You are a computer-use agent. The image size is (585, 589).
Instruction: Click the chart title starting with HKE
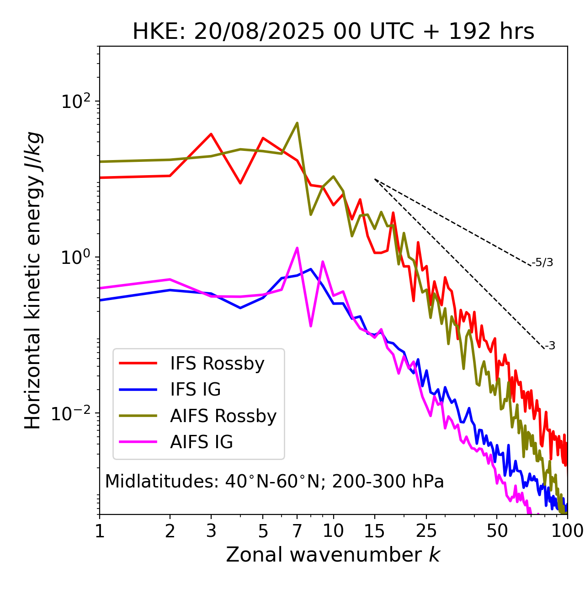pyautogui.click(x=333, y=32)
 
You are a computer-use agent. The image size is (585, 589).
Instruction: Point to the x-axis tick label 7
pyautogui.click(x=297, y=531)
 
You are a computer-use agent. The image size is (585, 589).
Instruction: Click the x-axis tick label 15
pyautogui.click(x=375, y=531)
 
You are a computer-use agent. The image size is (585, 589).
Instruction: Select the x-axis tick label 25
pyautogui.click(x=426, y=531)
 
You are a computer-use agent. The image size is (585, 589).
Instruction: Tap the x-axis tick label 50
pyautogui.click(x=497, y=531)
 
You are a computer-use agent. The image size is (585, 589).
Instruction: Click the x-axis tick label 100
pyautogui.click(x=567, y=531)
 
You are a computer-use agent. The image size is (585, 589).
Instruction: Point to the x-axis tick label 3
pyautogui.click(x=211, y=531)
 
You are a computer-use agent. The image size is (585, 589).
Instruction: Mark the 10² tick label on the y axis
pyautogui.click(x=76, y=102)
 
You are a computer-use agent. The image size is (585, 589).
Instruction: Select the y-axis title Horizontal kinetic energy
pyautogui.click(x=33, y=280)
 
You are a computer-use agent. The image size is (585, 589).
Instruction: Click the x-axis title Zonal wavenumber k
pyautogui.click(x=333, y=555)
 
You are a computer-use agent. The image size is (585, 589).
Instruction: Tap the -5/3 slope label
pyautogui.click(x=542, y=263)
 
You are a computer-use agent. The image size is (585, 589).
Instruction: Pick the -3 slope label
pyautogui.click(x=550, y=346)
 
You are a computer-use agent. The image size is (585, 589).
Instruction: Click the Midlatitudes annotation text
pyautogui.click(x=274, y=482)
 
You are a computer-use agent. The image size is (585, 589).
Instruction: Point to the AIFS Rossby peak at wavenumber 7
pyautogui.click(x=297, y=123)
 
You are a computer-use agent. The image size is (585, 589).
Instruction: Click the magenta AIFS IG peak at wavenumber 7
pyautogui.click(x=297, y=248)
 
